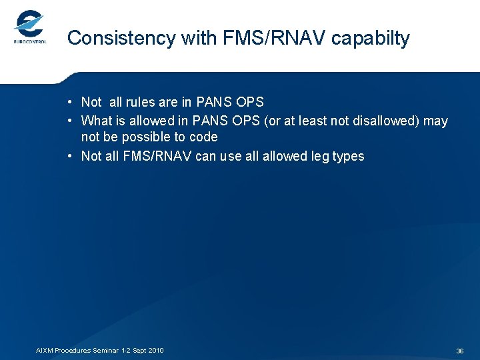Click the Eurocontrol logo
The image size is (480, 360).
tap(29, 28)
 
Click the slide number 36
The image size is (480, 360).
tap(459, 351)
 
